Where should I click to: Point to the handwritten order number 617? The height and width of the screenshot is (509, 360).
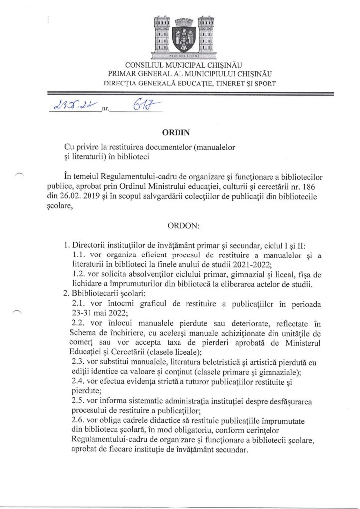[142, 106]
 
